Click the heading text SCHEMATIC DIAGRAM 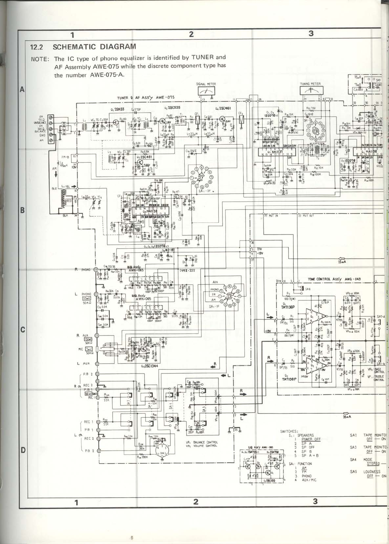coord(94,46)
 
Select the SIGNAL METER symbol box coord(206,91)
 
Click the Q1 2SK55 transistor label coord(117,109)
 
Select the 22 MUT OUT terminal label coord(306,216)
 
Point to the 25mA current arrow coord(342,261)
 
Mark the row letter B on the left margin coord(23,210)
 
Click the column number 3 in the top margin coord(310,34)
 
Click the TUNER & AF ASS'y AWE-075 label coord(146,98)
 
